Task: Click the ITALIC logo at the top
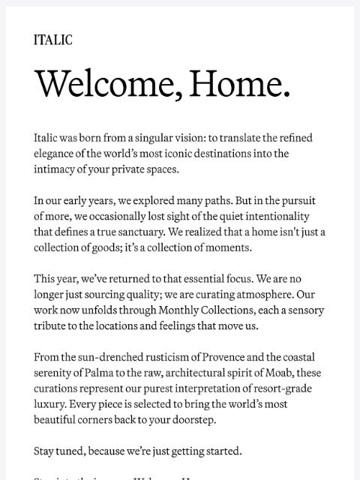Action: [x=52, y=40]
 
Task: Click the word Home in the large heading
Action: [x=239, y=83]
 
